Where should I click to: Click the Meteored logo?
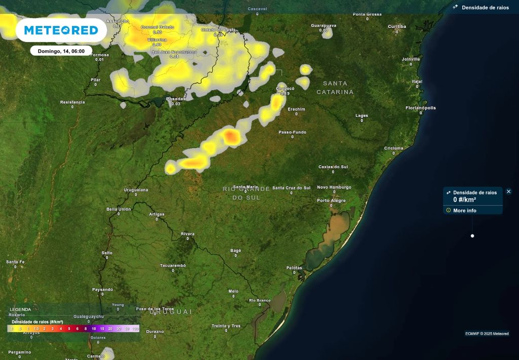(61, 30)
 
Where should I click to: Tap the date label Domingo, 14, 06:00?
(61, 51)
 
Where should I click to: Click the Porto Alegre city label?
(331, 200)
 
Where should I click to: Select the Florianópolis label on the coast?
(421, 107)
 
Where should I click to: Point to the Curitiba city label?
(397, 26)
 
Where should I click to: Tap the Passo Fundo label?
(292, 132)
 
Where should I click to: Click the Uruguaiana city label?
(136, 190)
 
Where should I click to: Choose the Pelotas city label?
(294, 268)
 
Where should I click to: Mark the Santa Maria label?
(245, 187)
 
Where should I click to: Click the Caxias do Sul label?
(333, 166)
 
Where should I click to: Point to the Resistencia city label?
(72, 102)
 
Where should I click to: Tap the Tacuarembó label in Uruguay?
(173, 266)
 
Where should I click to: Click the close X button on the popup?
(509, 192)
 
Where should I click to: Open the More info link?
(464, 210)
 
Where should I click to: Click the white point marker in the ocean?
(472, 236)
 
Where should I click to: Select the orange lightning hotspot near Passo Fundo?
(231, 136)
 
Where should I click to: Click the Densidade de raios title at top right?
(485, 8)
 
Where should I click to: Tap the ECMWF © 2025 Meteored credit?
(487, 333)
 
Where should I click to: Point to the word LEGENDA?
(20, 309)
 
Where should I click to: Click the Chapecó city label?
(285, 88)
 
